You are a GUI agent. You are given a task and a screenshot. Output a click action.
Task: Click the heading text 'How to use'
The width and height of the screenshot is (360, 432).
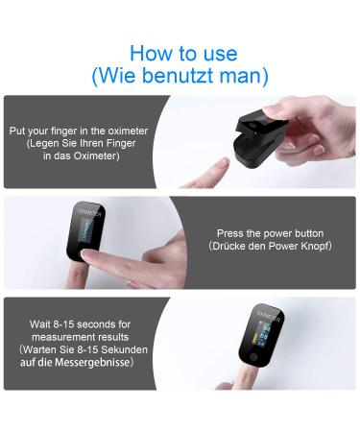tap(183, 53)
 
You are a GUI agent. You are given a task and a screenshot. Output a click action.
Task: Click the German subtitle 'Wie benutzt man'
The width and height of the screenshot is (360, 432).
tap(180, 76)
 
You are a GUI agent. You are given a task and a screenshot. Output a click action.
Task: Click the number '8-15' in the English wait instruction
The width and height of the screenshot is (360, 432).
tap(63, 324)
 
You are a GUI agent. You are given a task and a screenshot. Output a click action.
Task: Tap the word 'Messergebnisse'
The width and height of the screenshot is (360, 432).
tap(92, 362)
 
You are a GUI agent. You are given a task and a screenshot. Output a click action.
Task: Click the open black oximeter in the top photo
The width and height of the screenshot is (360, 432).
tap(260, 138)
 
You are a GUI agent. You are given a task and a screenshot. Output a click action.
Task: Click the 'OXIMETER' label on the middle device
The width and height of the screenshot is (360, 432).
tap(90, 212)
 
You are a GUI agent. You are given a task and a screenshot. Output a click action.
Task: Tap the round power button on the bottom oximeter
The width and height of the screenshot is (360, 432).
tap(253, 356)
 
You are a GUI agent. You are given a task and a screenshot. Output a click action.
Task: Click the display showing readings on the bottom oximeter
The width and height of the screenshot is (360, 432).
tap(262, 334)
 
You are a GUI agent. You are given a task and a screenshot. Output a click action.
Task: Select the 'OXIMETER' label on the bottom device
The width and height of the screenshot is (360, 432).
tap(268, 316)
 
